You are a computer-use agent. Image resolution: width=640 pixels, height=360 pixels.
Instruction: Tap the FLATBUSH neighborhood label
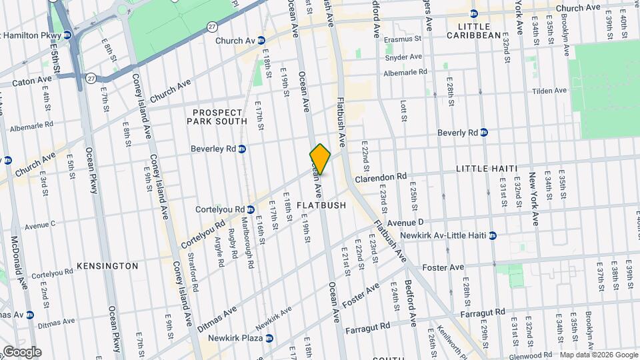click(x=321, y=205)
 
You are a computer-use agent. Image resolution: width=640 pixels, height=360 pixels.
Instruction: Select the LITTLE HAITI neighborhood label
click(x=487, y=169)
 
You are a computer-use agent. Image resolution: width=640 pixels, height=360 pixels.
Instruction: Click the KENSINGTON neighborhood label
click(x=107, y=266)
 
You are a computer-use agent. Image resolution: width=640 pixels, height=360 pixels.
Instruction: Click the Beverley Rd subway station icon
click(x=242, y=149)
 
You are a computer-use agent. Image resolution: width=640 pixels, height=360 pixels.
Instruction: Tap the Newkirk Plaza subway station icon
click(x=269, y=338)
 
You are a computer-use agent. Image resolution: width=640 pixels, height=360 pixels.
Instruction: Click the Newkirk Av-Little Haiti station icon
click(x=493, y=235)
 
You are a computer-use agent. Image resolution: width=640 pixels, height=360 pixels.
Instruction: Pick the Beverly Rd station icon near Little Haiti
click(x=484, y=133)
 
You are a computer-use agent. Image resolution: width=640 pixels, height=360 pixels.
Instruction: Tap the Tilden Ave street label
click(x=549, y=91)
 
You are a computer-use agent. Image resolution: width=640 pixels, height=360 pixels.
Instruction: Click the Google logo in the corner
click(x=21, y=351)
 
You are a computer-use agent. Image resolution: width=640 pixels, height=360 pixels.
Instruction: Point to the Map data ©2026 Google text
click(x=598, y=355)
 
